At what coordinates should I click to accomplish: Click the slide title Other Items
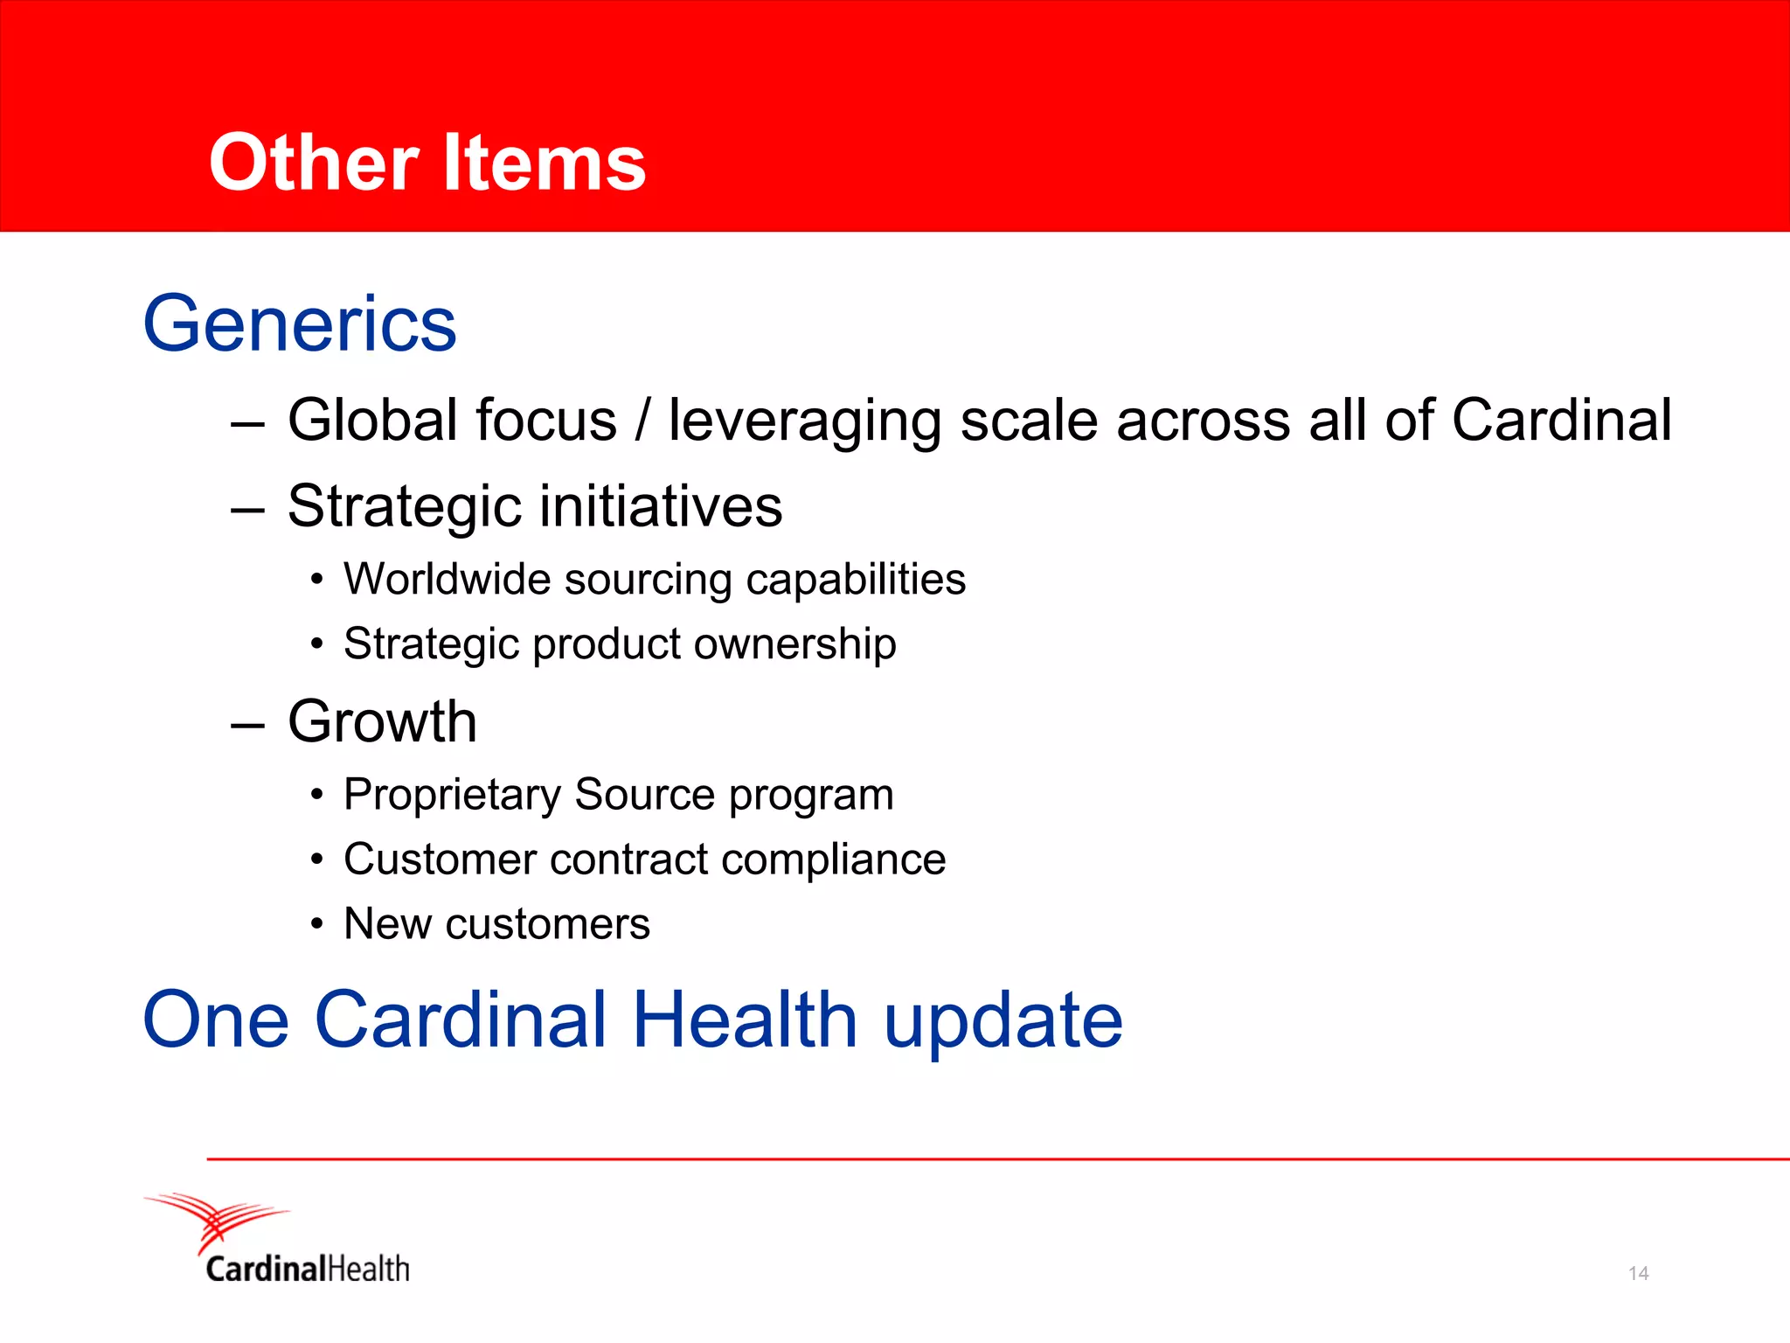coord(427,163)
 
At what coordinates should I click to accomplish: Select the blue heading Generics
coord(300,324)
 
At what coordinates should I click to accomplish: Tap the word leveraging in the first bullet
coord(804,421)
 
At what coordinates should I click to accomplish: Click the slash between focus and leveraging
coord(642,421)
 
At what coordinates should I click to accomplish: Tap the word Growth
coord(382,722)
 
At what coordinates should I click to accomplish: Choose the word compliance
coord(833,860)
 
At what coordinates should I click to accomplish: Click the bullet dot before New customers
coord(317,924)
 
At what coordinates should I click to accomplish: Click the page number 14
coord(1638,1273)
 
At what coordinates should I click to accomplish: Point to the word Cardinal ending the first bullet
coord(1561,421)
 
